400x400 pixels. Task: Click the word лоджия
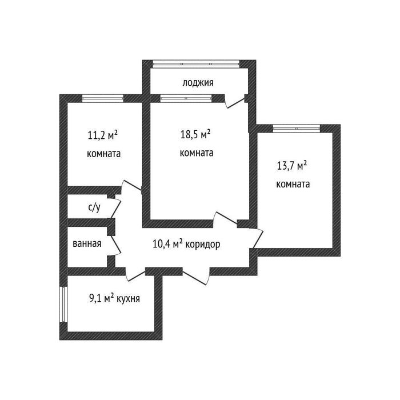198,83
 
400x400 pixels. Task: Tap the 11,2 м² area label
103,136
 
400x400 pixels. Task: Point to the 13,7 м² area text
292,166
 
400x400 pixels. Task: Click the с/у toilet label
94,207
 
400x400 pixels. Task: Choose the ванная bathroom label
87,243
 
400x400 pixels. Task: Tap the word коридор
203,244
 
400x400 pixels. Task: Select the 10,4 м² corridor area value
167,244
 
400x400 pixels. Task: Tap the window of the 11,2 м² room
103,98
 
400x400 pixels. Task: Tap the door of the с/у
115,208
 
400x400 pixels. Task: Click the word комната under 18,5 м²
197,153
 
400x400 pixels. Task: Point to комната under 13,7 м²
293,185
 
